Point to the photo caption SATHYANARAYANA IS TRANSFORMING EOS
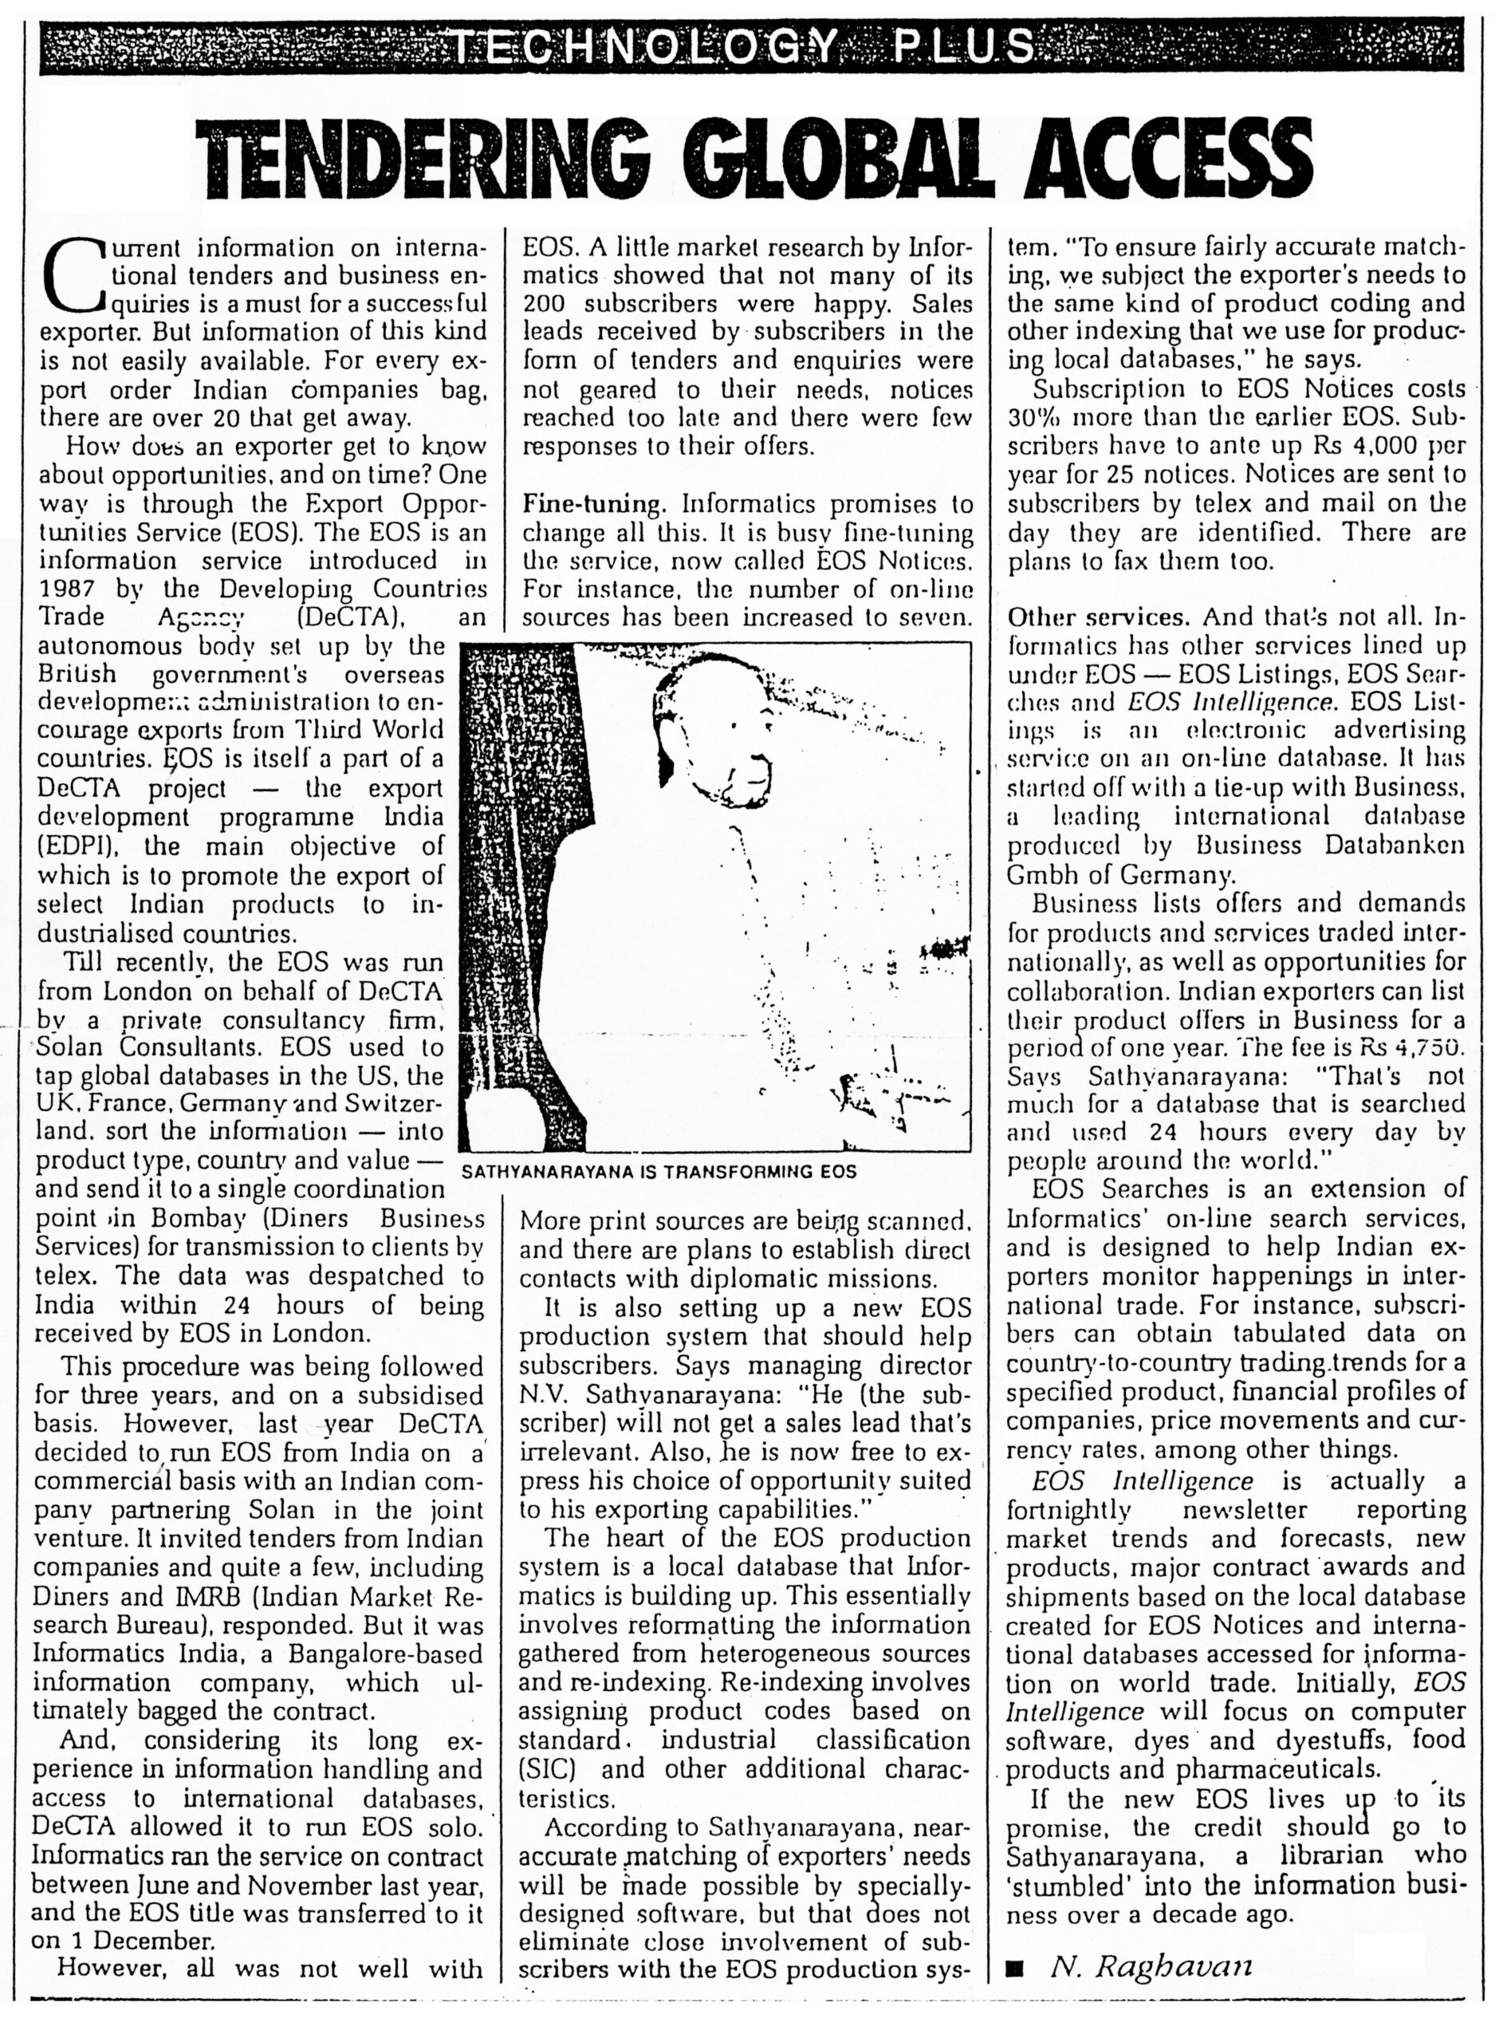coord(659,1173)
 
